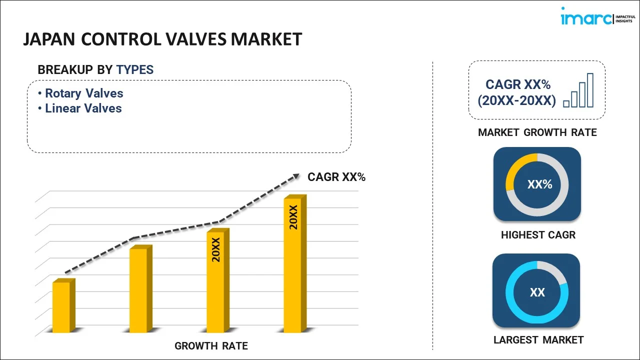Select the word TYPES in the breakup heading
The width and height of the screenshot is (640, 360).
[x=135, y=70]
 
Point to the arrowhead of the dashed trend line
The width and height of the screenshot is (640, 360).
[x=295, y=176]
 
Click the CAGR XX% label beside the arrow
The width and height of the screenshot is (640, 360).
[x=336, y=177]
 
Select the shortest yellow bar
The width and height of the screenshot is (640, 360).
[x=61, y=307]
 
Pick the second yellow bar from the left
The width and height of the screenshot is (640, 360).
[x=138, y=290]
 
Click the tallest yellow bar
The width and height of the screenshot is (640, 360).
[x=292, y=265]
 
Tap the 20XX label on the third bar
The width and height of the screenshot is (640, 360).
[x=216, y=250]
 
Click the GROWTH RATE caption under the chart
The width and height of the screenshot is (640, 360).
[x=211, y=346]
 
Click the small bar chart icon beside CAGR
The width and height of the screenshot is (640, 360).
[x=578, y=91]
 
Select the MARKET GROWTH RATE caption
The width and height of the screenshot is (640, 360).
[x=537, y=132]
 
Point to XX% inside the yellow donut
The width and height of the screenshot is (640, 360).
[x=539, y=184]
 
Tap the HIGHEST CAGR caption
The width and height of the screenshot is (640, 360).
[x=538, y=235]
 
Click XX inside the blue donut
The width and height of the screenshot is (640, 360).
[x=537, y=292]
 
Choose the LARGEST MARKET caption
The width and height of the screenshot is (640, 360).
[x=538, y=340]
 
